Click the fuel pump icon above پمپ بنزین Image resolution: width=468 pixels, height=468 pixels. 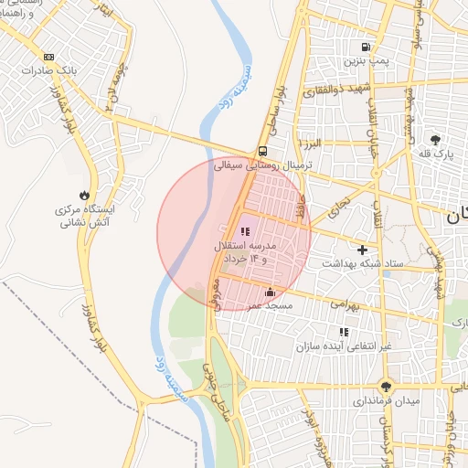[366, 48]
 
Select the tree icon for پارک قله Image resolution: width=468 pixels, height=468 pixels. [435, 140]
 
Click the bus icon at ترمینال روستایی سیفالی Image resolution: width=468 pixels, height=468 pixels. [263, 152]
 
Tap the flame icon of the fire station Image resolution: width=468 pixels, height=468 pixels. [84, 195]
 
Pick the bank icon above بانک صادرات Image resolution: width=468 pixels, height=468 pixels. [48, 57]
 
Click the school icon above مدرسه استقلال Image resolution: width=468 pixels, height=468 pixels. [244, 231]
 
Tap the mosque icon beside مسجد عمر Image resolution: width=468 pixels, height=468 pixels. [269, 292]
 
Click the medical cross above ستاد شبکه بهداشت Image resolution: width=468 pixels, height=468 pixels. [363, 249]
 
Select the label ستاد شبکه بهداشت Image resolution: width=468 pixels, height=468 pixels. [362, 263]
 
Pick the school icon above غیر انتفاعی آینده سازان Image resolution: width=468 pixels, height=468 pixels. [344, 332]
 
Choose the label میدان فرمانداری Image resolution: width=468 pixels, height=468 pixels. [388, 401]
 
